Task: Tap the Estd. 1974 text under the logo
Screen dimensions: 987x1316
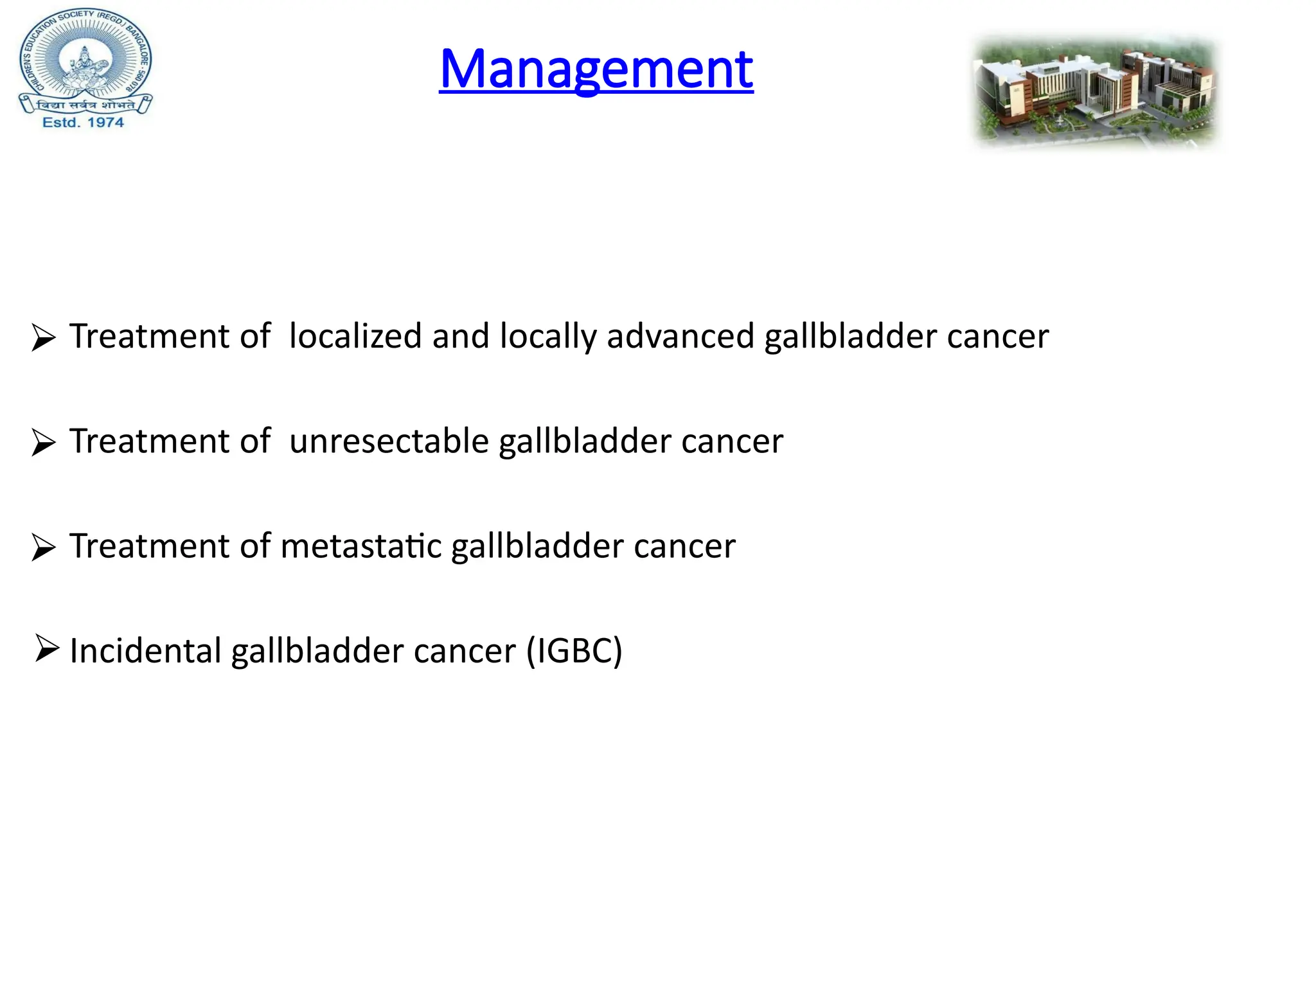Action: (x=83, y=122)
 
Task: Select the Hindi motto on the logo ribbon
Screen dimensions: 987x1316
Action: (x=85, y=105)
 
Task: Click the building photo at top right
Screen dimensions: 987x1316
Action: (x=1094, y=92)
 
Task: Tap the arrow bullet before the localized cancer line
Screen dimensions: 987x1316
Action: (x=43, y=337)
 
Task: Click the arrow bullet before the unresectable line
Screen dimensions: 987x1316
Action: (x=43, y=442)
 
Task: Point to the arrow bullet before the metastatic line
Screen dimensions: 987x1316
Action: (x=43, y=547)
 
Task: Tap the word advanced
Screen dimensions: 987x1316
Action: (x=680, y=336)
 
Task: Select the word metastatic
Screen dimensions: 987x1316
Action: (x=361, y=546)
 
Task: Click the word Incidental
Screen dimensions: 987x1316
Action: (x=145, y=650)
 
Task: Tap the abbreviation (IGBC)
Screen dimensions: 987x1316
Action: (x=574, y=651)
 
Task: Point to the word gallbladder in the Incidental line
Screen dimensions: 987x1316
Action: (x=317, y=652)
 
